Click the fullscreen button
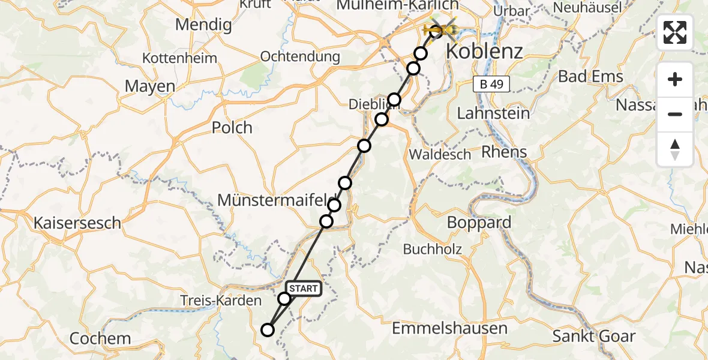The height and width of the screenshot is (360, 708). click(675, 32)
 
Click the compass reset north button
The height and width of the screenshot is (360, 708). click(675, 149)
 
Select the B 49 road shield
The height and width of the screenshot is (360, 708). click(491, 85)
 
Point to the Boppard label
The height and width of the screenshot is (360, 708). click(479, 223)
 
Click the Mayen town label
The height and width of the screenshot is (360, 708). click(150, 86)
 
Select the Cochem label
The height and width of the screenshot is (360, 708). click(100, 338)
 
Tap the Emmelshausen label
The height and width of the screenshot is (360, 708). click(449, 328)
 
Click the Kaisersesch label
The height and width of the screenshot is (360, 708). click(77, 223)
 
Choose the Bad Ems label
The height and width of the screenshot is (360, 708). click(590, 77)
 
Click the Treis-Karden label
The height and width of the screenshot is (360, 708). click(221, 301)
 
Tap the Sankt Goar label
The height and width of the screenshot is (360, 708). click(593, 336)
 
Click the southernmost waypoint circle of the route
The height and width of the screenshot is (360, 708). click(268, 329)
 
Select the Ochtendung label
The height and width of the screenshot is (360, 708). click(300, 57)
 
